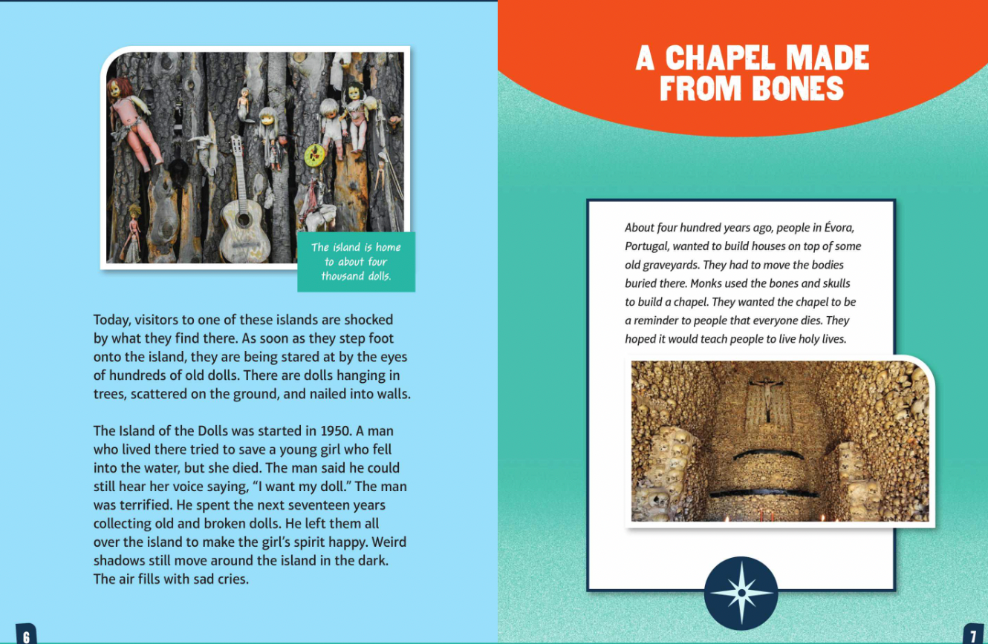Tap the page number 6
pos(26,636)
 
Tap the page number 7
pos(972,636)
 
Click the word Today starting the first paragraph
pos(111,320)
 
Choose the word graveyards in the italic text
pos(667,265)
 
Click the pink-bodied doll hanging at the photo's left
pos(135,122)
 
